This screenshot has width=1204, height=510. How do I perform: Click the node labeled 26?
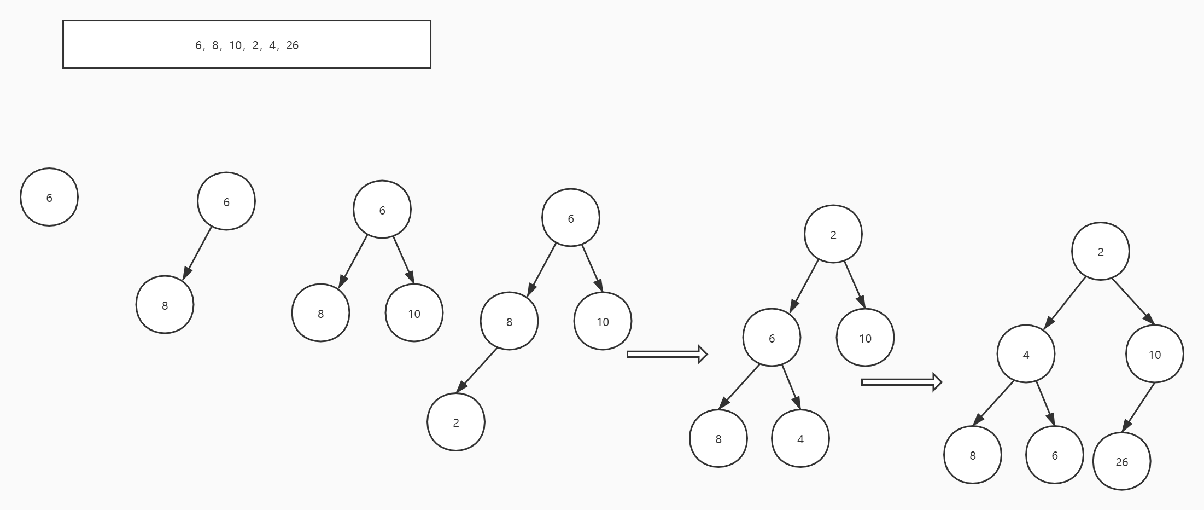1121,461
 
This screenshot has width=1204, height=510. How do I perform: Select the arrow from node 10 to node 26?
1138,408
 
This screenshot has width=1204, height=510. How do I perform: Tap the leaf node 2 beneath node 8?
456,422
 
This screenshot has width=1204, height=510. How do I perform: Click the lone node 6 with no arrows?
49,197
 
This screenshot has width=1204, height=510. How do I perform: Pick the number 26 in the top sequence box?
293,45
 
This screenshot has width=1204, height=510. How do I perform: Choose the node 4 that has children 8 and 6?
1026,354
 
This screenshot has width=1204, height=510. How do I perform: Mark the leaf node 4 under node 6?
800,438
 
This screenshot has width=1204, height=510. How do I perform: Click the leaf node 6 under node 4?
1054,455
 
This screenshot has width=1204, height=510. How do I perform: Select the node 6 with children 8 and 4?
772,338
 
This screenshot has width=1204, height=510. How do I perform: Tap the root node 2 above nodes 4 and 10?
1100,251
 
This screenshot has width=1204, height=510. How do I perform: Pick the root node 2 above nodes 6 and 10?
833,234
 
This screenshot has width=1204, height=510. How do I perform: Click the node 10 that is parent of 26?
1154,354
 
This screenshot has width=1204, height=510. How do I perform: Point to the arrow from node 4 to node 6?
1045,404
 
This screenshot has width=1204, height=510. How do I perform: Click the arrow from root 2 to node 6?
804,286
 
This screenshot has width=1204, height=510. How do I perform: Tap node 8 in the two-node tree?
165,305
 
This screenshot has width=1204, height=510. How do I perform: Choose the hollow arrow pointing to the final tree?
901,382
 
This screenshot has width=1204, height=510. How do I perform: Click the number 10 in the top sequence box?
236,45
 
